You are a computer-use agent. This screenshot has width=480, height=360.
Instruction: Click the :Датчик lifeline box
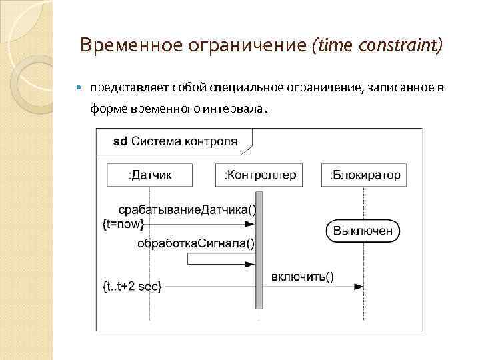coord(149,175)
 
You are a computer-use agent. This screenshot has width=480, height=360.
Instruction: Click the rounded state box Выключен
coord(363,231)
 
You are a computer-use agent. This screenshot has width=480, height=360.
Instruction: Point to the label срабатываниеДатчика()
coord(187,209)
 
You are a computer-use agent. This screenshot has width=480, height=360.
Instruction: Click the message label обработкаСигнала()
coord(196,243)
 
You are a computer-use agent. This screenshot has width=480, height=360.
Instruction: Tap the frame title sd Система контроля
coord(175,141)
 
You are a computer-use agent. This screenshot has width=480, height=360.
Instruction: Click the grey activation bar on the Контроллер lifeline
coord(259,250)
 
